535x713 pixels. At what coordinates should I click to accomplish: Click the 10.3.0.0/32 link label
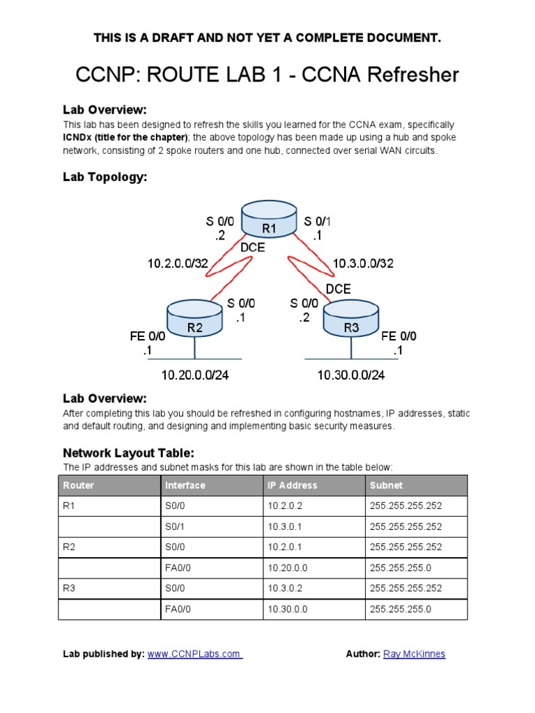pyautogui.click(x=363, y=263)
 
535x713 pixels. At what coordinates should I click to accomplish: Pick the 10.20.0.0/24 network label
pyautogui.click(x=195, y=375)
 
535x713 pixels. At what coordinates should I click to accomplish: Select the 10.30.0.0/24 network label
pyautogui.click(x=351, y=375)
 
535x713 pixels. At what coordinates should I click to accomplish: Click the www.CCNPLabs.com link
pyautogui.click(x=194, y=654)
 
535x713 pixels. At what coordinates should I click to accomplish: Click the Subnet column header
pyautogui.click(x=386, y=485)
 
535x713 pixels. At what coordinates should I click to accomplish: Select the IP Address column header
pyautogui.click(x=292, y=485)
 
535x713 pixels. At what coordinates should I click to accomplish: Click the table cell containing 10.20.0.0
pyautogui.click(x=288, y=568)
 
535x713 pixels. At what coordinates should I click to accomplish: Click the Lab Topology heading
pyautogui.click(x=104, y=178)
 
